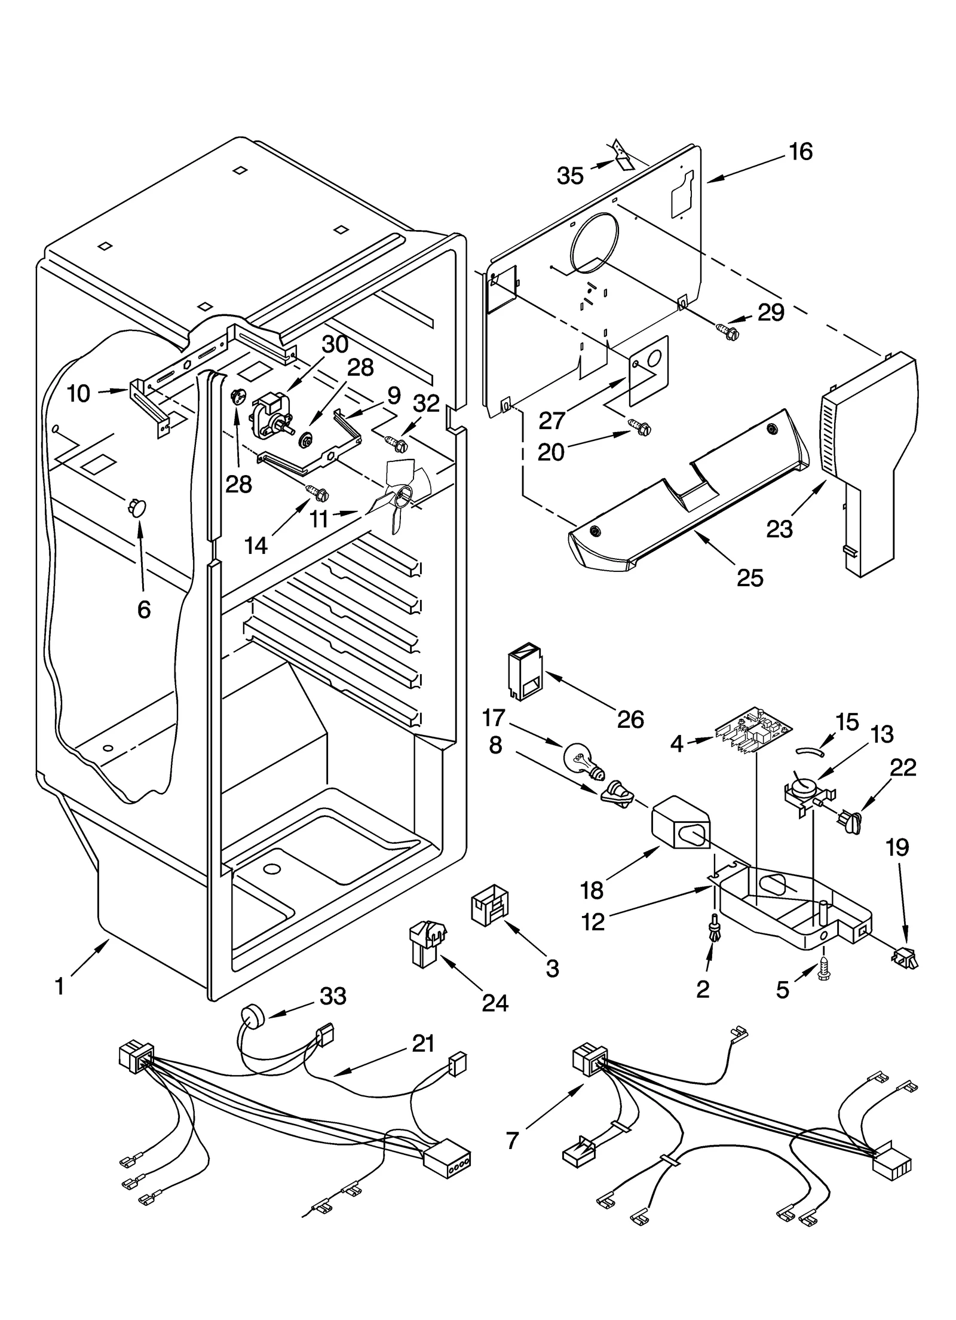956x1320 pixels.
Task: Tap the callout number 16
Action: (801, 152)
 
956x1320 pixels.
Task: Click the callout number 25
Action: (750, 578)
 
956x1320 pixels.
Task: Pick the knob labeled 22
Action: (852, 823)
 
